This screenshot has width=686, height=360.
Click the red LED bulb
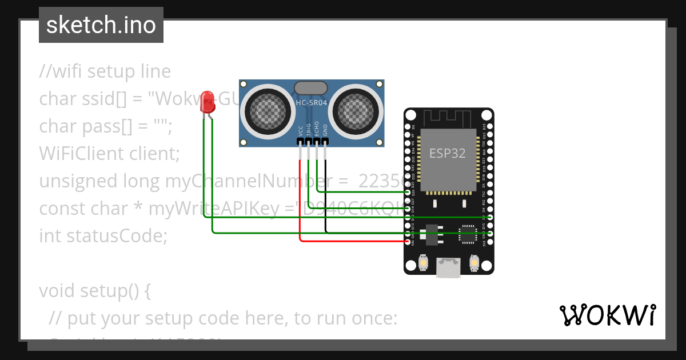207,102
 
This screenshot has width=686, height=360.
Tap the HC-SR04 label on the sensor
312,103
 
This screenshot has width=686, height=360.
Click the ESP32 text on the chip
448,153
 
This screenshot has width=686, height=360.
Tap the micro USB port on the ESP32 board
449,266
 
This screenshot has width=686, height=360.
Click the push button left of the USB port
424,262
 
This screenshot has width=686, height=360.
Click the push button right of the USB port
474,262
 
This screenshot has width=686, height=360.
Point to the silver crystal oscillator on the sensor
311,88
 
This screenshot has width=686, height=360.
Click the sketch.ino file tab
101,25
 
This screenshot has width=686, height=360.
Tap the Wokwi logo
607,315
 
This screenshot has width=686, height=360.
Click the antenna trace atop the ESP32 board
449,118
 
